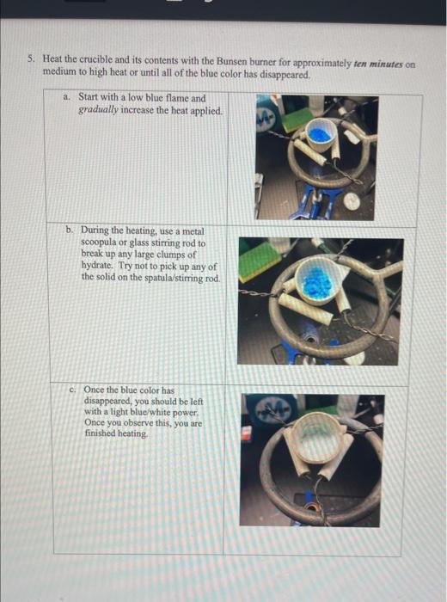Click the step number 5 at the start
pos(30,58)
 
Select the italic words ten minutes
pos(378,64)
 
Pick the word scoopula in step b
pos(96,243)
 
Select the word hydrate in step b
pos(97,266)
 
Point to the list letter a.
pos(66,97)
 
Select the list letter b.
pos(69,230)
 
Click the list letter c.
pos(72,390)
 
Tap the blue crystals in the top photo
pos(320,135)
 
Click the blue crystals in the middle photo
pos(316,282)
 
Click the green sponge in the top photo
pos(298,119)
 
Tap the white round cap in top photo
pos(352,201)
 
